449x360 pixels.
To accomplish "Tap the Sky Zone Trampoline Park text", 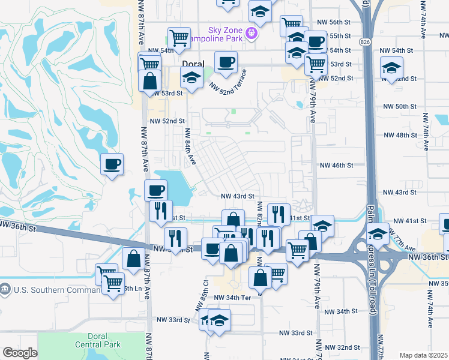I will point(216,33).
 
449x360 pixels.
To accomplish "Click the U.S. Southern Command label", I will point(53,290).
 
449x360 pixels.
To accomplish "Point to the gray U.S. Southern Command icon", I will point(5,290).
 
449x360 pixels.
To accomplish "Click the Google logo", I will point(20,353).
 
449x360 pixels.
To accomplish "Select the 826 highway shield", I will point(366,42).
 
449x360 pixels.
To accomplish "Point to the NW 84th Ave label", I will point(190,147).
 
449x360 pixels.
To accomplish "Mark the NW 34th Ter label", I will point(232,298).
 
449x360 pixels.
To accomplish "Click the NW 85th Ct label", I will point(200,295).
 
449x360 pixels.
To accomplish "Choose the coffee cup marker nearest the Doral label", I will point(226,62).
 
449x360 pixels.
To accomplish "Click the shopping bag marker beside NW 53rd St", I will point(149,80).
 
